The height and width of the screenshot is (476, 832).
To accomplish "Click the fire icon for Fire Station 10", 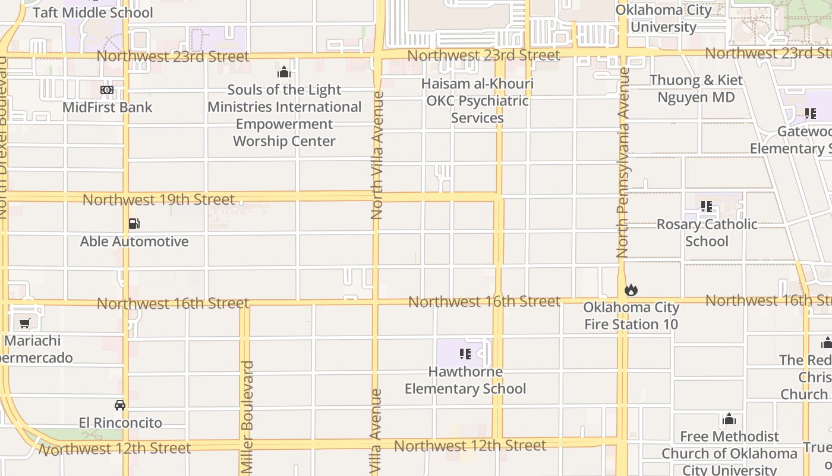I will click(x=631, y=290).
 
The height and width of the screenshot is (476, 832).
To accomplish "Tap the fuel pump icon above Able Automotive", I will click(x=134, y=224).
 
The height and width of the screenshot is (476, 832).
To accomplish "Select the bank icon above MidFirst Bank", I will click(x=107, y=90).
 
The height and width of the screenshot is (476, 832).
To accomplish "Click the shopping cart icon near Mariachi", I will click(x=25, y=324).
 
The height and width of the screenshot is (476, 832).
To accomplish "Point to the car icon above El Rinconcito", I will click(x=120, y=405).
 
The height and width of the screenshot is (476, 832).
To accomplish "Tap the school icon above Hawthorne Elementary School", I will click(x=465, y=354).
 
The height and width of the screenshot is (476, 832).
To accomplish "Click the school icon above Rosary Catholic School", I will click(x=706, y=206).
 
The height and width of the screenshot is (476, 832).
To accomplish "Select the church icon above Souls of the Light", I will click(x=284, y=73).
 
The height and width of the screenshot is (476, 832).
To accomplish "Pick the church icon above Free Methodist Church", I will click(x=729, y=419).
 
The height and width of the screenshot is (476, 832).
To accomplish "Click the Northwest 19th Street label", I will click(x=159, y=199).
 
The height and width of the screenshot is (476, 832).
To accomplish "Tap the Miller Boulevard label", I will click(x=248, y=417).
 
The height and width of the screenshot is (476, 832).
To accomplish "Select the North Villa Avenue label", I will click(x=377, y=155).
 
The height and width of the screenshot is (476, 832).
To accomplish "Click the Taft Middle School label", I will click(x=93, y=12).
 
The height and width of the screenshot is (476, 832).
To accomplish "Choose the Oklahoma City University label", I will click(x=663, y=18).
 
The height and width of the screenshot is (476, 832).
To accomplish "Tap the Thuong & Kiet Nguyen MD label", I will click(x=696, y=89).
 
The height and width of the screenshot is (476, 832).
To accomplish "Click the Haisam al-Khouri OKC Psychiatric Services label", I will click(x=477, y=101).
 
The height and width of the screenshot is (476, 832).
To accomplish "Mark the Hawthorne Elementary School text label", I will click(x=465, y=380).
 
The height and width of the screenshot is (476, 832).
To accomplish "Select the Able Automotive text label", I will click(x=134, y=242).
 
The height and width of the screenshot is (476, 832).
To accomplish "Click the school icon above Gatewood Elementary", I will click(x=810, y=113).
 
